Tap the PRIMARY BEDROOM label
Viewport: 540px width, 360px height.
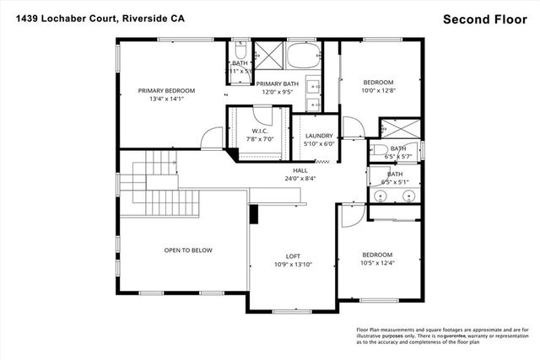point(167,91)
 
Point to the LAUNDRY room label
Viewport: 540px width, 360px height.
point(319,136)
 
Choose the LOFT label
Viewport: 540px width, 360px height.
point(293,256)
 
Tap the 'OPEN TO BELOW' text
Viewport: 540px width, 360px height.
point(188,250)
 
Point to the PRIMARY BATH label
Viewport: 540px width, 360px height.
point(278,83)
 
